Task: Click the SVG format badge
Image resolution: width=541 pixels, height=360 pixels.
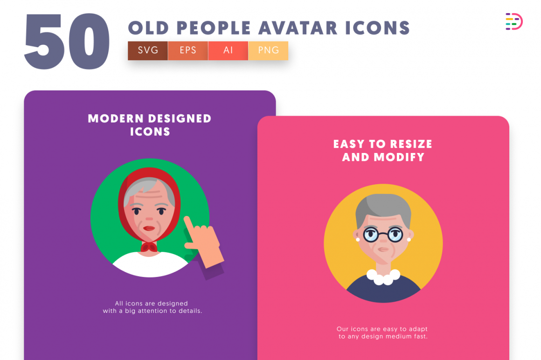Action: tap(148, 50)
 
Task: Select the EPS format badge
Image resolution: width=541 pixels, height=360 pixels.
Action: tap(188, 50)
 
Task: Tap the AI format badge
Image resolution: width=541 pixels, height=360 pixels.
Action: tap(228, 50)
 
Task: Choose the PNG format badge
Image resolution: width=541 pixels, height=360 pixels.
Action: tap(268, 50)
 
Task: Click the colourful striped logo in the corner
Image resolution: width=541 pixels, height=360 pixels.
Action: tap(513, 21)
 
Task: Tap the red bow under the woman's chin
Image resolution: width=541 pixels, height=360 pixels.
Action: tap(150, 247)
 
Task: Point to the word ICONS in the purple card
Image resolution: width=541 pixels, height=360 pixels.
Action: tap(150, 132)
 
